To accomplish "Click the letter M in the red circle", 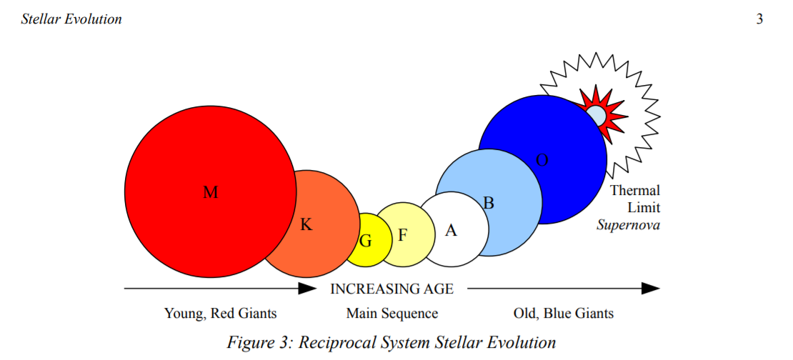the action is (x=210, y=192).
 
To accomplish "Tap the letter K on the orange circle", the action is (x=306, y=224).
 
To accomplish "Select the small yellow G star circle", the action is (x=369, y=240).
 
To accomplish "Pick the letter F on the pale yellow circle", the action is (x=402, y=235).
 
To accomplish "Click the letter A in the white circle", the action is (x=451, y=231).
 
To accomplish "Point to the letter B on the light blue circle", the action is (x=489, y=204).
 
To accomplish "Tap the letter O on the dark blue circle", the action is (x=542, y=160).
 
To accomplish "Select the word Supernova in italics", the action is (x=628, y=225).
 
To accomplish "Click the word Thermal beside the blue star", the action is (x=634, y=191).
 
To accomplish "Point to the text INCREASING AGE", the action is (x=392, y=289).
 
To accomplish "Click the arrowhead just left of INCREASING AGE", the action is (x=307, y=289).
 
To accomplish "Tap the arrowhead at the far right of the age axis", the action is (x=651, y=289).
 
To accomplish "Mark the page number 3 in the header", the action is (x=759, y=20).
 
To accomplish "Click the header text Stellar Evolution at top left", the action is (x=71, y=20).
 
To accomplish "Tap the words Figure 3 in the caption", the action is (x=259, y=342).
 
